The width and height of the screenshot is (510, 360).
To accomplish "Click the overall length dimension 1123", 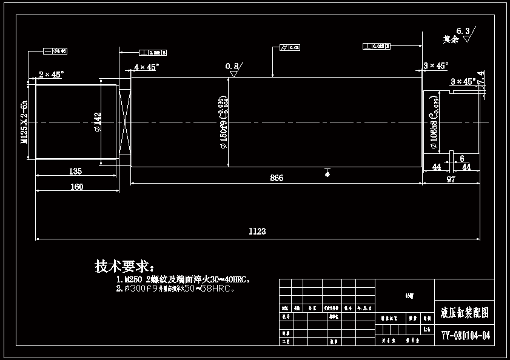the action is [x=257, y=231].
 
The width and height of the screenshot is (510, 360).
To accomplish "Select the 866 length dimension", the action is [x=277, y=178].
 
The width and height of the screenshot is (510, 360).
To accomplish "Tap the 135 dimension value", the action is [x=76, y=171].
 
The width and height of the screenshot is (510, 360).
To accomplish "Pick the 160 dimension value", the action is [x=76, y=187].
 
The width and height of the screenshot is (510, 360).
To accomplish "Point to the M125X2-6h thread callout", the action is [x=25, y=121].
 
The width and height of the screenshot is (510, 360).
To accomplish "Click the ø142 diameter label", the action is [x=98, y=122].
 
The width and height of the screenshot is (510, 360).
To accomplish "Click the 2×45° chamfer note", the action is [x=51, y=75].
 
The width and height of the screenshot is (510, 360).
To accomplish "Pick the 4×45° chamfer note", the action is [x=146, y=67].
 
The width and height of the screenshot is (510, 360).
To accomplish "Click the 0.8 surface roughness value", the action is [x=232, y=65].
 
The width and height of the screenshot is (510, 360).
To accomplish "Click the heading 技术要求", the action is [x=124, y=266].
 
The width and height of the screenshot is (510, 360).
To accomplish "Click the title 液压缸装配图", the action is [x=465, y=313].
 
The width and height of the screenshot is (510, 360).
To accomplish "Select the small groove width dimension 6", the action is [x=462, y=158].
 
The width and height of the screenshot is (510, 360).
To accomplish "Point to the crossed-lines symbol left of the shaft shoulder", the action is [x=126, y=122].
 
